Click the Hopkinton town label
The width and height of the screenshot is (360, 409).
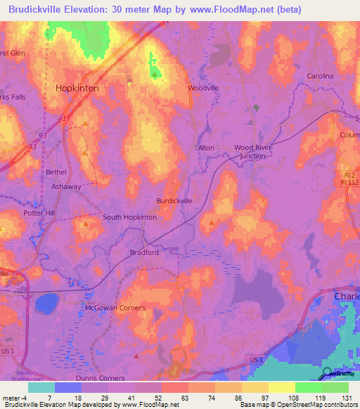[77, 89]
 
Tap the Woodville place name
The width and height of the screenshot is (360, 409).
[203, 88]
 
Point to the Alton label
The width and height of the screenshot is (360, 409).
[205, 148]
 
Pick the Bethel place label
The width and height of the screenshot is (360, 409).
[56, 172]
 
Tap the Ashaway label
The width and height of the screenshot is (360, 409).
[67, 187]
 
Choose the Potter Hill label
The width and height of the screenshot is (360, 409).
[39, 212]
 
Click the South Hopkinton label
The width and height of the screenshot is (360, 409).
[129, 217]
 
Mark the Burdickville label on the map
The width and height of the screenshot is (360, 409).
[174, 201]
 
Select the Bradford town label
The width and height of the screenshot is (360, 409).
[144, 252]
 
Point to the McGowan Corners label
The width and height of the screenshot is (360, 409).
[115, 308]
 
